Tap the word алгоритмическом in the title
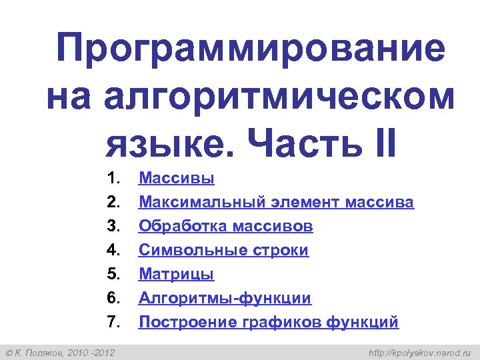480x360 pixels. pos(279,97)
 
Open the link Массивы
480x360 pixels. pos(176,178)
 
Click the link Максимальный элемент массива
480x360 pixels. pos(276,202)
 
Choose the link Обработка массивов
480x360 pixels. pos(225,226)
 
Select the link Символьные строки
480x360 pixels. pos(223,250)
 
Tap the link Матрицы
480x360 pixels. pos(176,274)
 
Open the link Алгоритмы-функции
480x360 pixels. pos(225,298)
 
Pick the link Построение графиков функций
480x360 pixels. pos(268,322)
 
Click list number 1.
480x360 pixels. pos(112,178)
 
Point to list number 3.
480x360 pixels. pos(112,226)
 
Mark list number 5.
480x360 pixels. pos(112,274)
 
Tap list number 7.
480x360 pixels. pos(112,322)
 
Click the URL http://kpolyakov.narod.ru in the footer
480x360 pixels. pos(420,351)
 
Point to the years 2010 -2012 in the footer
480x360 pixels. pos(91,351)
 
